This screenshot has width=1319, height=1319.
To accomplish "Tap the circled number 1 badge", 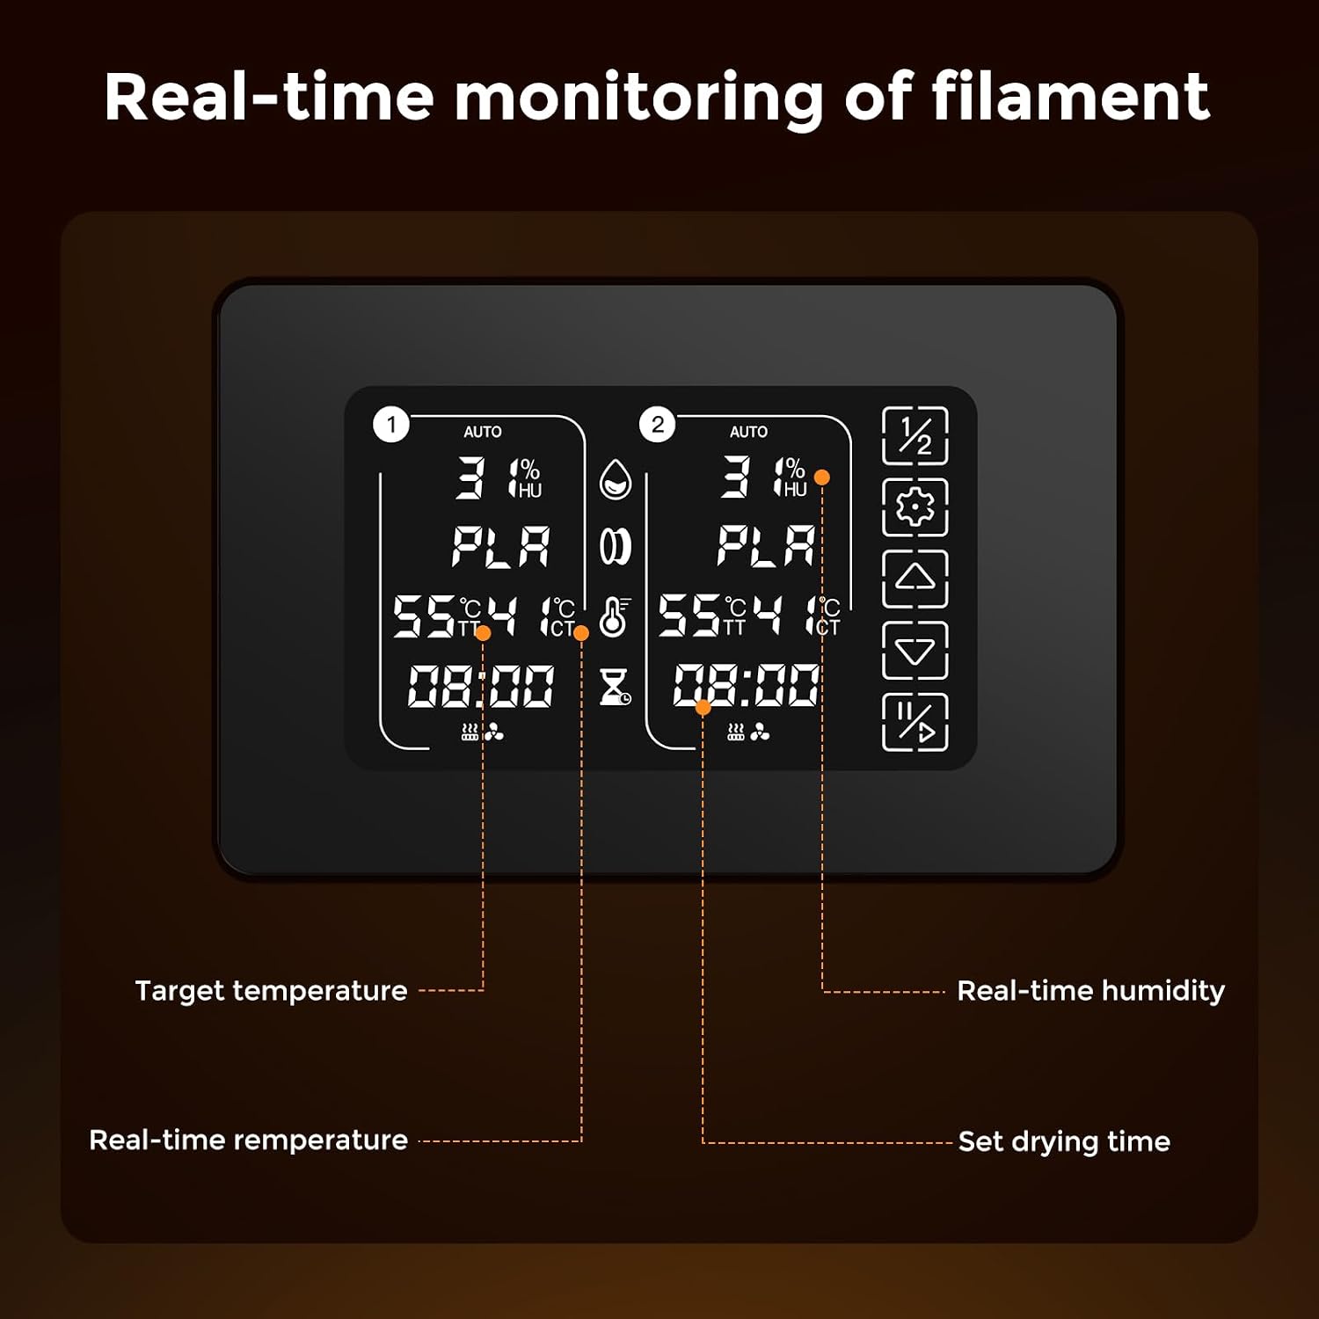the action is pyautogui.click(x=391, y=425).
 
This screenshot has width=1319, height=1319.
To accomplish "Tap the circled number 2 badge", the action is pyautogui.click(x=658, y=425).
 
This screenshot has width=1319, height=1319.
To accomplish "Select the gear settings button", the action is pyautogui.click(x=915, y=507).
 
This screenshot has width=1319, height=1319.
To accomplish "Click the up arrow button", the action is pyautogui.click(x=915, y=579).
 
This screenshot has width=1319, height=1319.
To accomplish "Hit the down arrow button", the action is pyautogui.click(x=915, y=651).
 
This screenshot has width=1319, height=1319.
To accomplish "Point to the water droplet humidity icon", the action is pyautogui.click(x=616, y=479).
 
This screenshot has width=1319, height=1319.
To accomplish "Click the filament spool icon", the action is pyautogui.click(x=616, y=546).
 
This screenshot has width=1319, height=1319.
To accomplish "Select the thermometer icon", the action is pyautogui.click(x=615, y=616).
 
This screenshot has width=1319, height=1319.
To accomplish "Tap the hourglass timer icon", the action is pyautogui.click(x=615, y=686).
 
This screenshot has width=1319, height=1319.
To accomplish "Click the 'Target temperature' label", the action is pyautogui.click(x=271, y=991).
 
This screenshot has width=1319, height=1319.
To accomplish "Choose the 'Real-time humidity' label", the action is pyautogui.click(x=1090, y=991).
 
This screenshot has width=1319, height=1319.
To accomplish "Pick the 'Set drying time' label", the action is pyautogui.click(x=1064, y=1141).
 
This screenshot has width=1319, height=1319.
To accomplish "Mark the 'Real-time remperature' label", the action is pyautogui.click(x=248, y=1140).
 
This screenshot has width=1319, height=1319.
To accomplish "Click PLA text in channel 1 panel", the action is pyautogui.click(x=501, y=546).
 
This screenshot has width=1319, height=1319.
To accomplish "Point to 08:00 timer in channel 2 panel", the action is pyautogui.click(x=746, y=686).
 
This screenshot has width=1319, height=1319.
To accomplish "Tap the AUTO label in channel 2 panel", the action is pyautogui.click(x=748, y=432).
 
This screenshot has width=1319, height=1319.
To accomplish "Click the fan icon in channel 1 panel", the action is pyautogui.click(x=494, y=732).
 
